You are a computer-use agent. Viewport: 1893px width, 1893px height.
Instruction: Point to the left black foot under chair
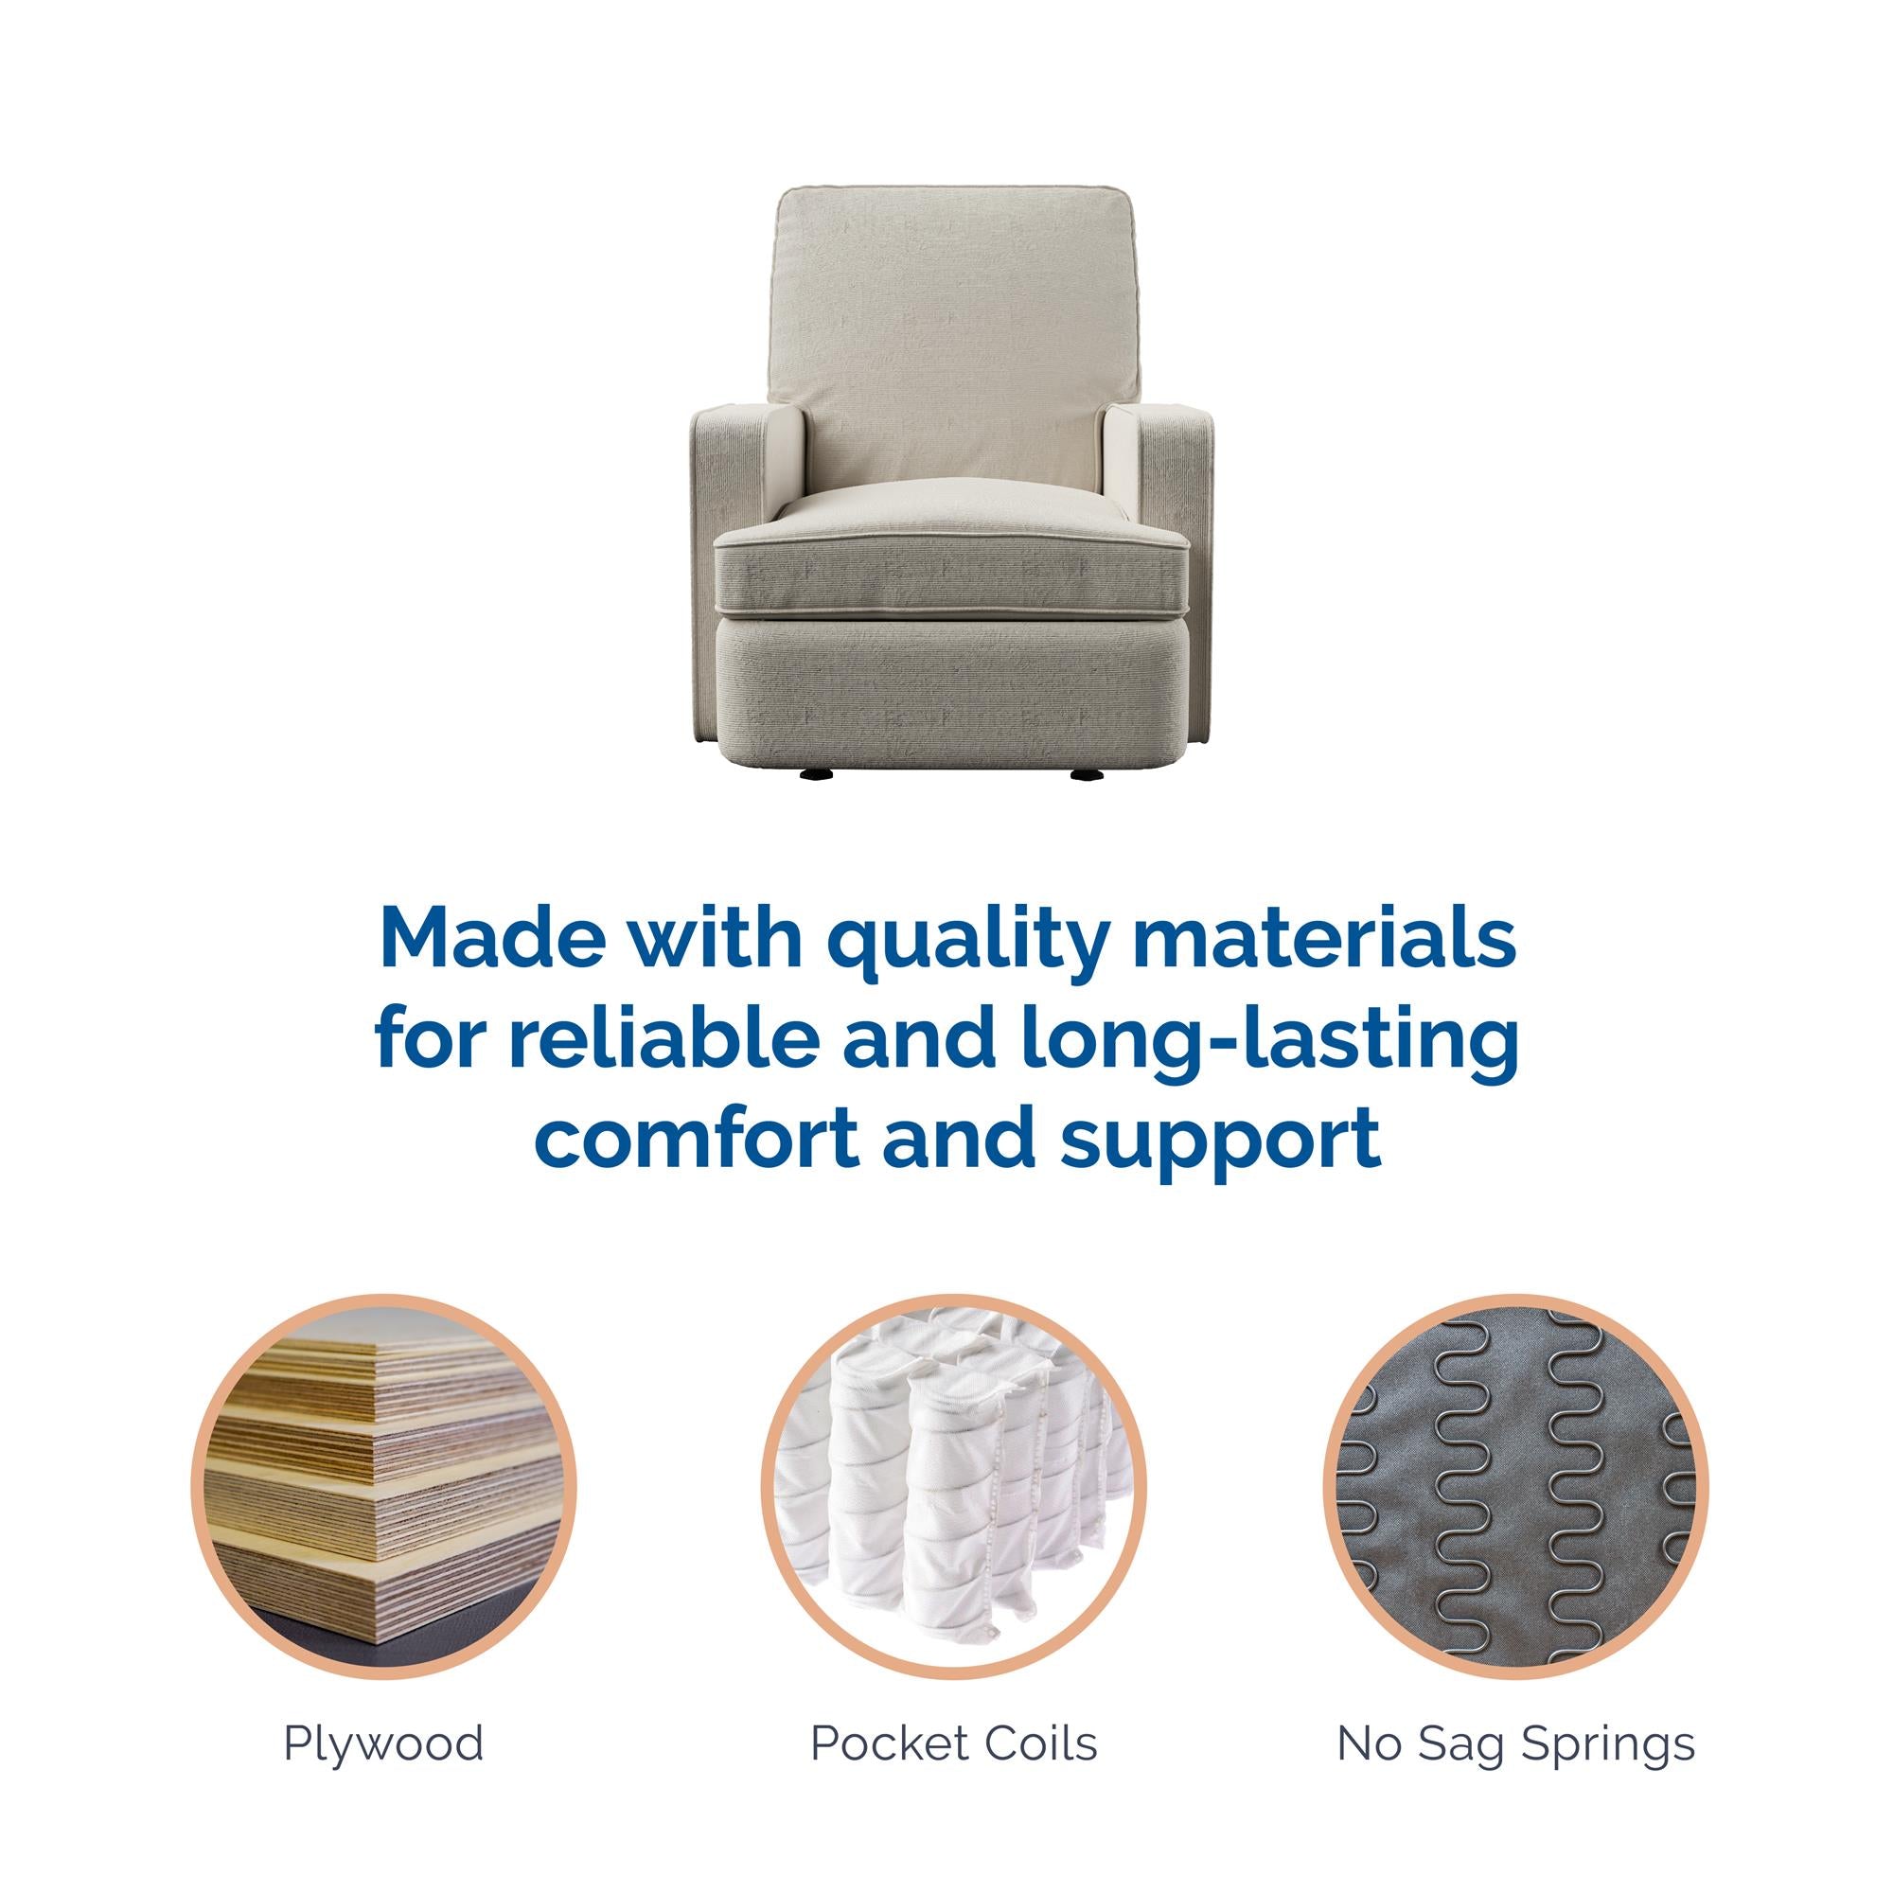point(815,773)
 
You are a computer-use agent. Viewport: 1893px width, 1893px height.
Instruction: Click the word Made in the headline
point(475,938)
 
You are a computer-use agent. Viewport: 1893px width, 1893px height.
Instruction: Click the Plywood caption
point(383,1771)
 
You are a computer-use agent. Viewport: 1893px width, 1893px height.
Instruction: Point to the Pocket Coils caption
point(953,1771)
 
